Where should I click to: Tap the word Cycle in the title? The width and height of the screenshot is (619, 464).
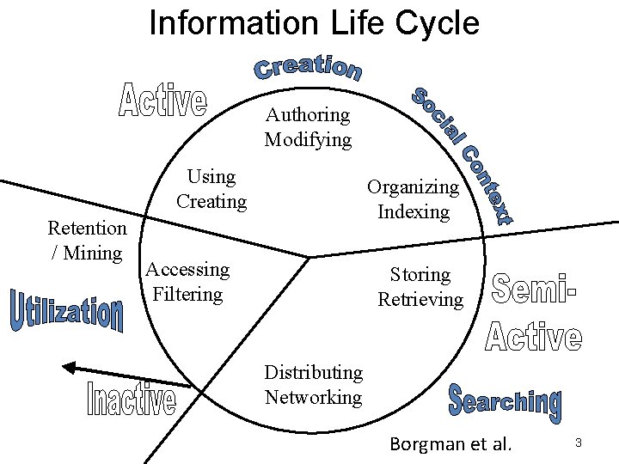click(x=437, y=22)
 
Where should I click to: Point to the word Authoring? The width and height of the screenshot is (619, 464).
click(x=308, y=114)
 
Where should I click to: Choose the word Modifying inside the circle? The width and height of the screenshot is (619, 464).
click(x=308, y=139)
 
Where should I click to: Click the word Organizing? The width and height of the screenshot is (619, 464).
click(x=413, y=186)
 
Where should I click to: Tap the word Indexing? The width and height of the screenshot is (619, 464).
click(x=413, y=211)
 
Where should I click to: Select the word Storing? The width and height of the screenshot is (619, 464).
click(x=420, y=275)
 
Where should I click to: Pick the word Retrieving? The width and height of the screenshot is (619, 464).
click(x=420, y=300)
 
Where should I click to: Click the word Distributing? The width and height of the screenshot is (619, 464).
click(x=313, y=372)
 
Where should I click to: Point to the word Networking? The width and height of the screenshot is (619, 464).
click(x=313, y=397)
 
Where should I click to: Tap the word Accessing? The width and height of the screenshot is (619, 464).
click(x=187, y=269)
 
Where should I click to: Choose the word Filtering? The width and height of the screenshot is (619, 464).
click(x=187, y=294)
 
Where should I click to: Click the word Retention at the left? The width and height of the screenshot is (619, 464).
click(x=87, y=228)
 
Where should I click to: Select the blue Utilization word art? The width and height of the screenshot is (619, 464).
click(x=67, y=314)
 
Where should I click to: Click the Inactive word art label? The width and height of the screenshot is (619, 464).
click(x=132, y=400)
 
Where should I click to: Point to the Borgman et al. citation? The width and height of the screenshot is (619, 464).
click(x=450, y=444)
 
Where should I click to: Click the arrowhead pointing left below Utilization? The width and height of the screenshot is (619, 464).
click(x=69, y=367)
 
